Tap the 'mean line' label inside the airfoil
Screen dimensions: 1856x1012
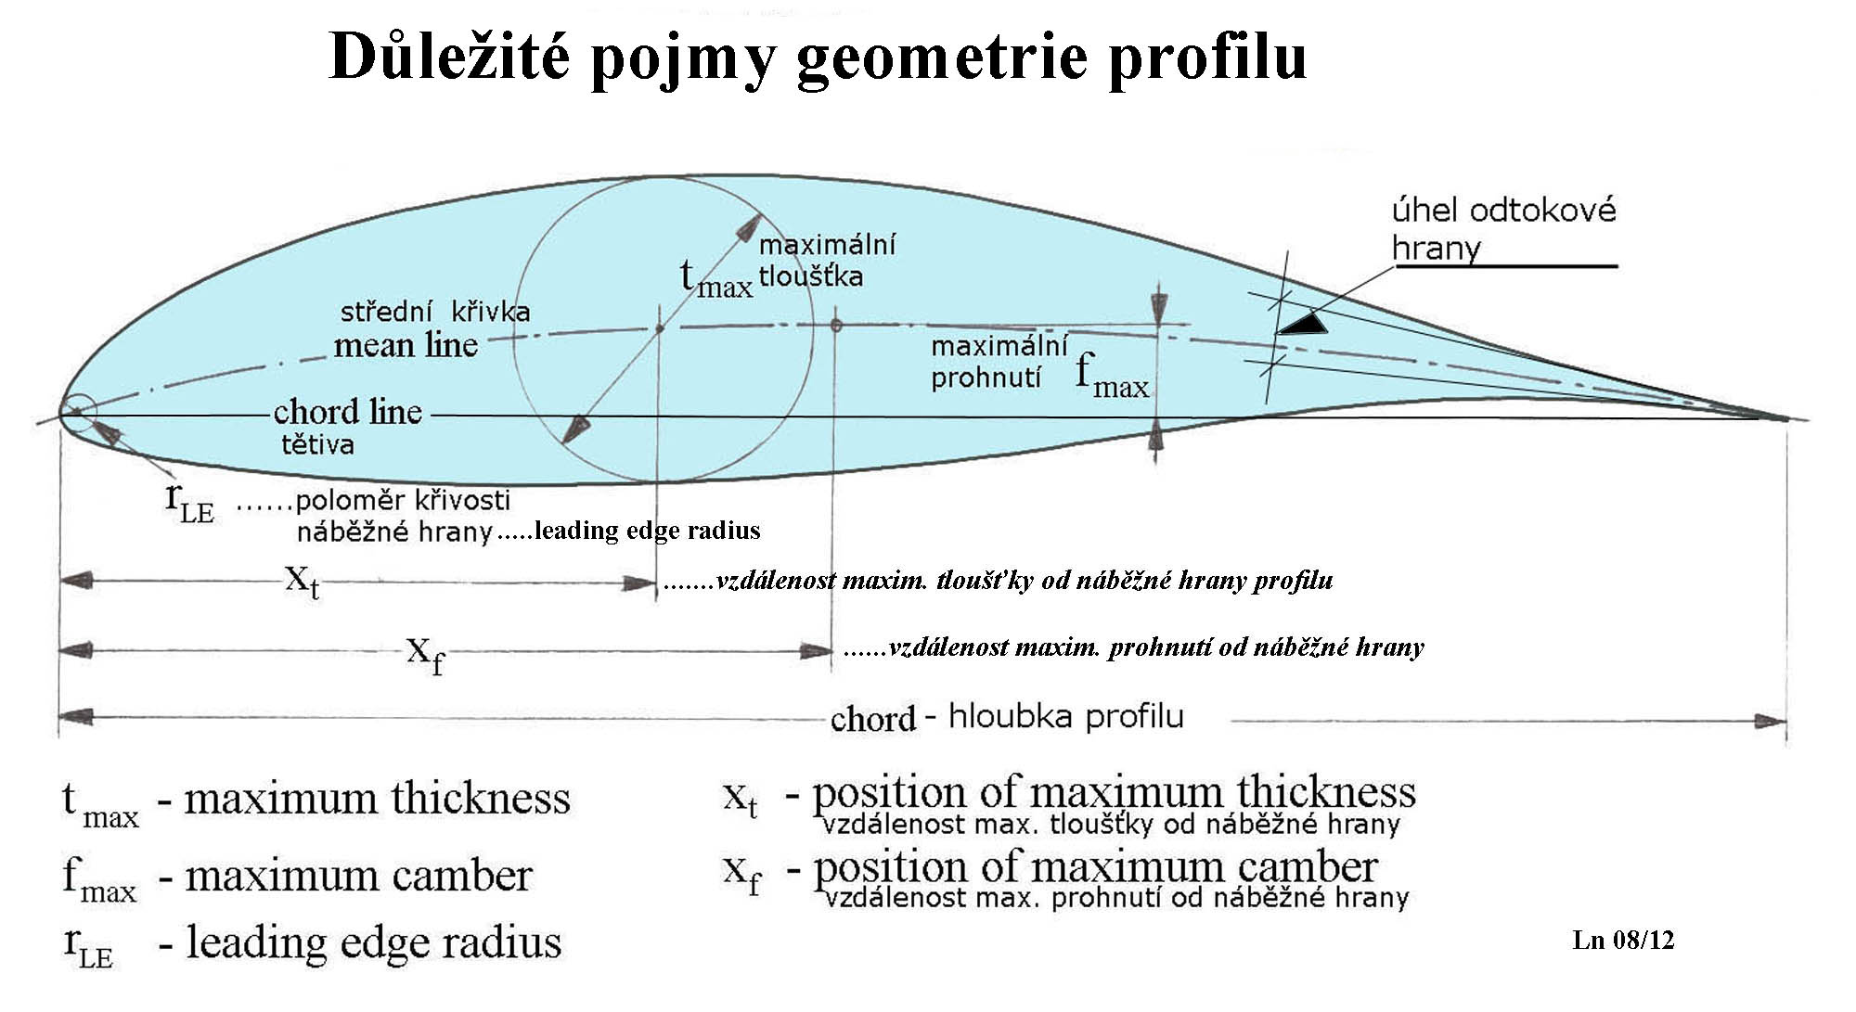pyautogui.click(x=406, y=345)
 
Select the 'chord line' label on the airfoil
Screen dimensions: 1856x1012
pyautogui.click(x=347, y=411)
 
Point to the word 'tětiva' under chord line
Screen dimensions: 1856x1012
pyautogui.click(x=317, y=444)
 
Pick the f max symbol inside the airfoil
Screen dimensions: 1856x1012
pyautogui.click(x=1112, y=376)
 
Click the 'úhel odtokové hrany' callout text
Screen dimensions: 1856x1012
pyautogui.click(x=1503, y=228)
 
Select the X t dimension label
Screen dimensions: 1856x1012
pyautogui.click(x=302, y=582)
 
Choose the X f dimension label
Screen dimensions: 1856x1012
pyautogui.click(x=425, y=653)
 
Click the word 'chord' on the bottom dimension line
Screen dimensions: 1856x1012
pyautogui.click(x=872, y=719)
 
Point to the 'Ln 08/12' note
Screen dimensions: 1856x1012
pyautogui.click(x=1623, y=940)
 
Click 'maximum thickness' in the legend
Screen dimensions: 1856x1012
pyautogui.click(x=377, y=798)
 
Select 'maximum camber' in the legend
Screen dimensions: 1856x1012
pyautogui.click(x=358, y=876)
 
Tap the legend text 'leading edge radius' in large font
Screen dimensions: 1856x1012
pyautogui.click(x=373, y=942)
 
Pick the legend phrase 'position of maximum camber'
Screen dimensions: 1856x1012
pyautogui.click(x=1095, y=867)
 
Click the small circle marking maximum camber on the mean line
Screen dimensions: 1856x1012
pyautogui.click(x=836, y=326)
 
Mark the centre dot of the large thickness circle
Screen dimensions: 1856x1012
pyautogui.click(x=660, y=327)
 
